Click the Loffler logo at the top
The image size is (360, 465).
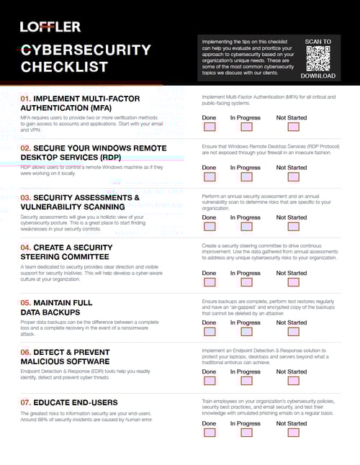tap(50, 27)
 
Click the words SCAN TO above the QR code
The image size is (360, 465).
tap(318, 42)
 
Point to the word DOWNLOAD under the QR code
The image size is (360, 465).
tap(318, 76)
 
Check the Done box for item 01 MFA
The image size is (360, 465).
tap(209, 127)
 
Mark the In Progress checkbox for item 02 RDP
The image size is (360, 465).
tap(246, 177)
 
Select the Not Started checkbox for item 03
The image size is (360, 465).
tap(293, 227)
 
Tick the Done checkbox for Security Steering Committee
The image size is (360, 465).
tap(209, 283)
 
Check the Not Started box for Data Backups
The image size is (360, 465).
tap(293, 332)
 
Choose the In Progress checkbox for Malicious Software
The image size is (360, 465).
tap(246, 382)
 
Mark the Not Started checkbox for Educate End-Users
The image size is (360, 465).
tap(293, 433)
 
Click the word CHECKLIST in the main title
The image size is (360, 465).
tap(64, 67)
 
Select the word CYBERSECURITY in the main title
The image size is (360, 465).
tap(86, 50)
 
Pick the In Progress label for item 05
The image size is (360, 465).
tap(246, 322)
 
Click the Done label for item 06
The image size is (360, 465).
tap(209, 372)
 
